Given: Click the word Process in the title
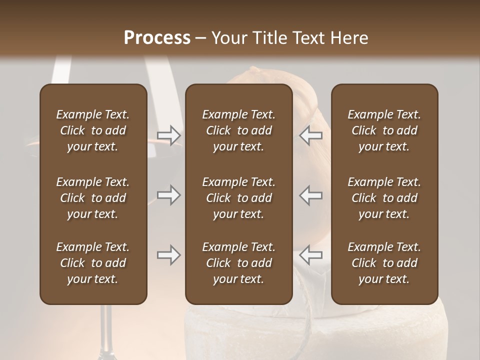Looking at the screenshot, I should [157, 38].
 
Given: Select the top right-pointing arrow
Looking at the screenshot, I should [168, 135].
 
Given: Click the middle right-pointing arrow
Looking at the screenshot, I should [168, 195].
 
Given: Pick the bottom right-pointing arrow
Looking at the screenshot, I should [168, 255].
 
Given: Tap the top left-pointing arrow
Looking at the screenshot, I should [311, 135].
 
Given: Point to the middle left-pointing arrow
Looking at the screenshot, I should [311, 195].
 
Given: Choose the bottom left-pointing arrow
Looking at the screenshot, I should [311, 255].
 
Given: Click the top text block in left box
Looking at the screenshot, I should [93, 130].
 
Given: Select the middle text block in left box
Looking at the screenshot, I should [93, 198].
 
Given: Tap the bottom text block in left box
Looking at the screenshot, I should [93, 263].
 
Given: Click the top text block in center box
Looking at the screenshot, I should [239, 130].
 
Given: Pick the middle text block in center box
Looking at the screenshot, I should [239, 198].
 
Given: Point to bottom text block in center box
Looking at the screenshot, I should [239, 263].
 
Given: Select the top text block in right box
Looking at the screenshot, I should [384, 130].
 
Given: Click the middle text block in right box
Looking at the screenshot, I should [384, 198].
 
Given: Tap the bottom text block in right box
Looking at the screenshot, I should [384, 263].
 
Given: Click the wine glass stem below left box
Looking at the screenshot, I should [105, 330].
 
